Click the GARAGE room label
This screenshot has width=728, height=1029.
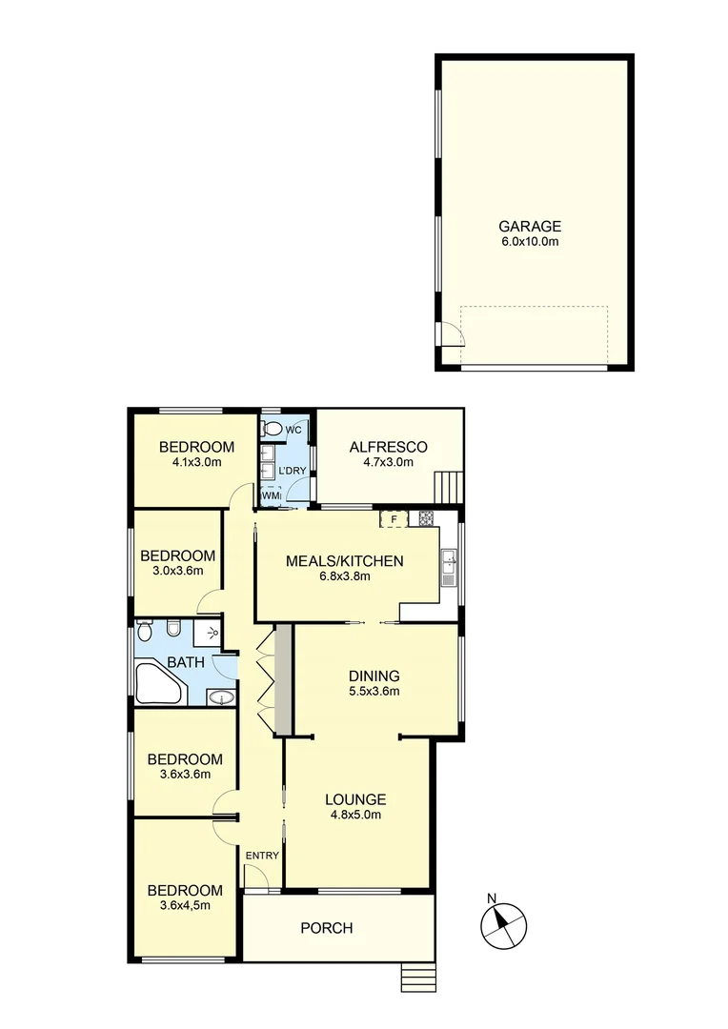pyautogui.click(x=530, y=227)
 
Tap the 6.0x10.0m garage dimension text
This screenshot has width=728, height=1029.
pyautogui.click(x=530, y=242)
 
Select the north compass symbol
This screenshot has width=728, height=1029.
pyautogui.click(x=504, y=922)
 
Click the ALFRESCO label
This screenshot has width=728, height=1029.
pyautogui.click(x=388, y=447)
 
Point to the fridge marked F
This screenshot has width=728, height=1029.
pyautogui.click(x=392, y=519)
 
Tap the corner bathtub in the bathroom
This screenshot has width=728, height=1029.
pyautogui.click(x=156, y=683)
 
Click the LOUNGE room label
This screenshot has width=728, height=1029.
pyautogui.click(x=354, y=799)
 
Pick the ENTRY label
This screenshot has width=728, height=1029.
pyautogui.click(x=262, y=856)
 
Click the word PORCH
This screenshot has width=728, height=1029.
pyautogui.click(x=327, y=928)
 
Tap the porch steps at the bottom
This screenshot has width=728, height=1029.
pyautogui.click(x=416, y=978)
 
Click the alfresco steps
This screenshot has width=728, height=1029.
pyautogui.click(x=447, y=487)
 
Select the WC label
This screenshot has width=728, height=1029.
pyautogui.click(x=293, y=430)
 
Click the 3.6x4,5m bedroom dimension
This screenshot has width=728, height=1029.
pyautogui.click(x=185, y=906)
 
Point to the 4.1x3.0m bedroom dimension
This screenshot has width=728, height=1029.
pyautogui.click(x=196, y=463)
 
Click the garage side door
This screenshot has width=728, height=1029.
pyautogui.click(x=451, y=334)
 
